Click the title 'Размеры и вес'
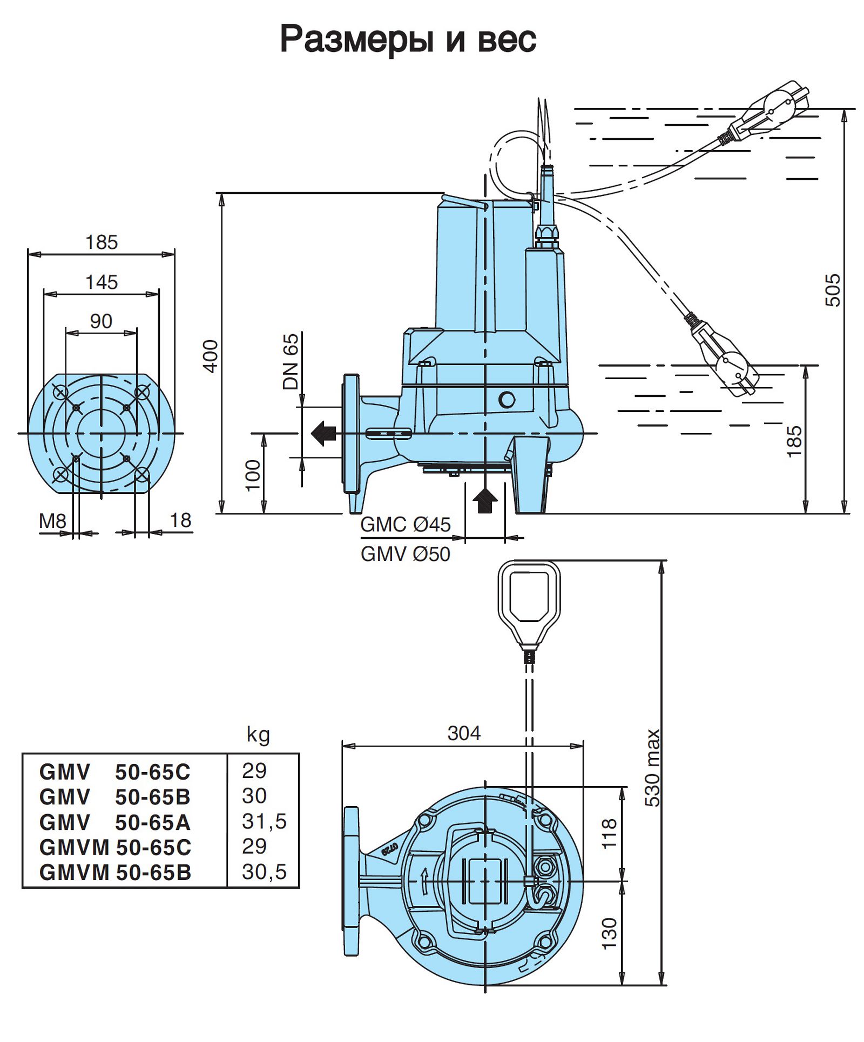coord(408,39)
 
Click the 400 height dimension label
coord(211,356)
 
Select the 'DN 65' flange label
coord(291,361)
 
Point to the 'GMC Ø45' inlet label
coord(405,524)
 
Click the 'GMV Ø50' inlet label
coord(405,554)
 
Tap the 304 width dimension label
coord(463,733)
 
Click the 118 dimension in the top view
coord(609,834)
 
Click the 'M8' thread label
coord(52,521)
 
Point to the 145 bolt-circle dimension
coord(102,282)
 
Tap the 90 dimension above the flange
coord(101,321)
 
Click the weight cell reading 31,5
coord(264,821)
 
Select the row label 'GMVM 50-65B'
coord(115,872)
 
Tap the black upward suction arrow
coord(485,501)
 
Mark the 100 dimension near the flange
coord(253,475)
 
